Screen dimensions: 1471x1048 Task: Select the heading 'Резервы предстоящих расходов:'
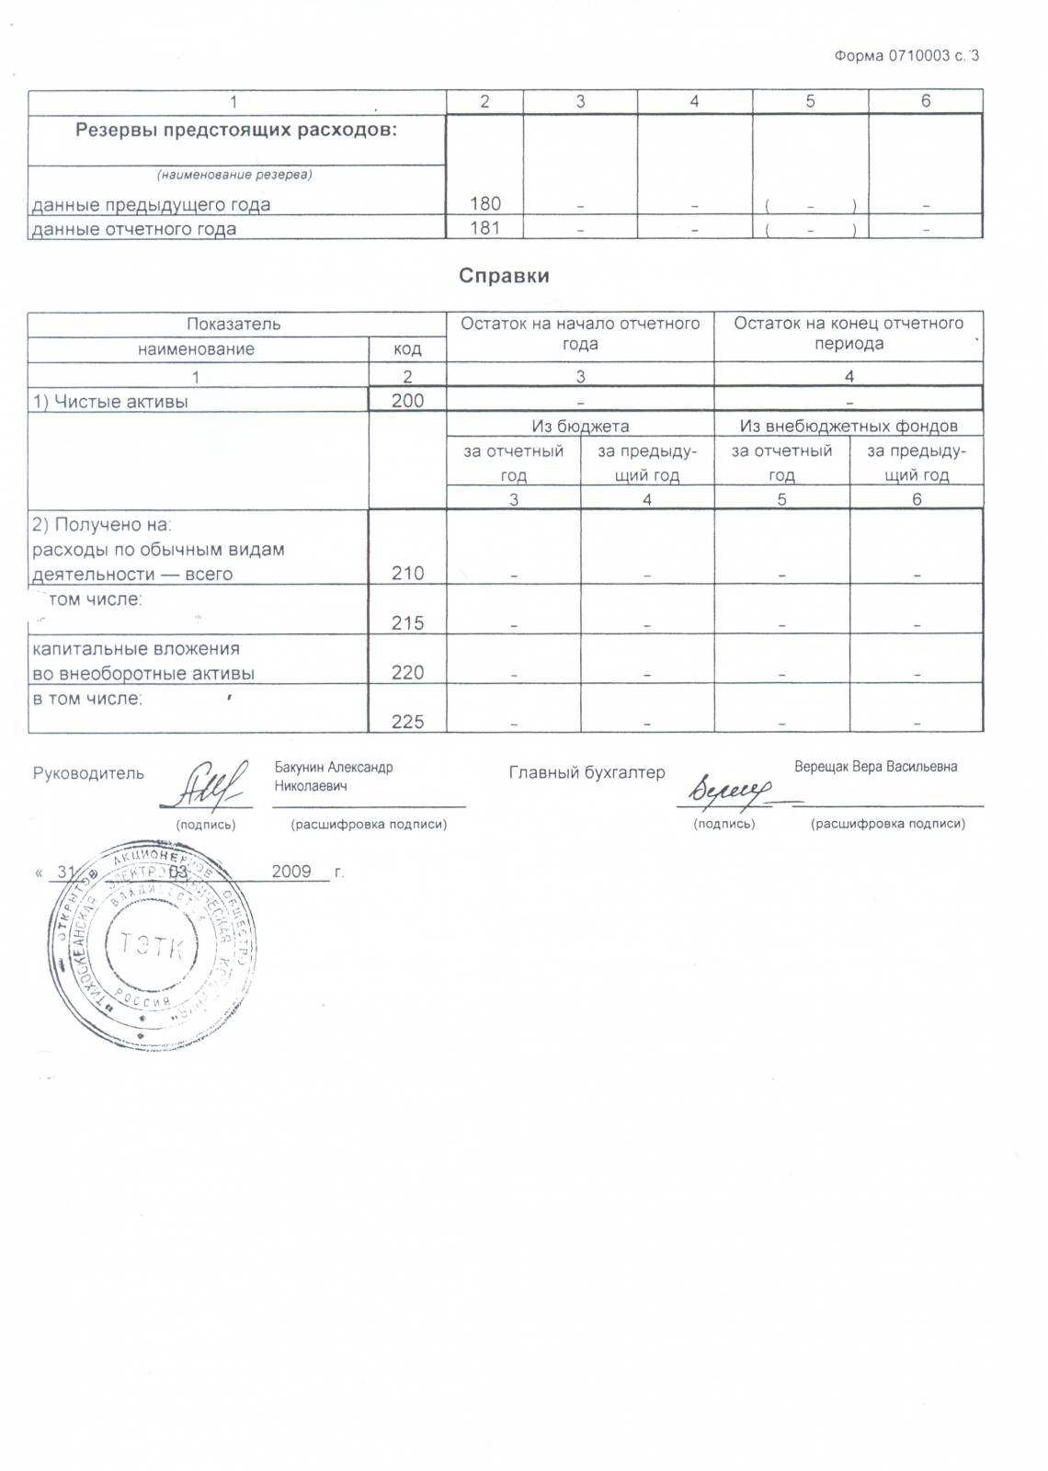(x=236, y=130)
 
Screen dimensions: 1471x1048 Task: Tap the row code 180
(x=484, y=203)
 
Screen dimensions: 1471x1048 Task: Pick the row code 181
(x=484, y=228)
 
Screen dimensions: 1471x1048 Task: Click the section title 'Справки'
(x=504, y=276)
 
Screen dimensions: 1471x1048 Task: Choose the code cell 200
(x=407, y=400)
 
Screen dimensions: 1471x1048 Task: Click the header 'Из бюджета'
(x=580, y=426)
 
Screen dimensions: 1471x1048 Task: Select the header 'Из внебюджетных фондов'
(x=849, y=426)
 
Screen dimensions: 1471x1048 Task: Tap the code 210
(x=407, y=574)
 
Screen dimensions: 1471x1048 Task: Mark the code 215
(x=407, y=623)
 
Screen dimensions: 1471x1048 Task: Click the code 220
(x=407, y=673)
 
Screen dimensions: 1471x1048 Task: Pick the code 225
(x=407, y=723)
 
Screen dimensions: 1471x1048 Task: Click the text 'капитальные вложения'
(x=136, y=648)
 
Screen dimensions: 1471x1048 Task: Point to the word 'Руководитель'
(x=88, y=773)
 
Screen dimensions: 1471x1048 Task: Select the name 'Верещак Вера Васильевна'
(x=875, y=767)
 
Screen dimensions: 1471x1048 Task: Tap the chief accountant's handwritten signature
(x=733, y=789)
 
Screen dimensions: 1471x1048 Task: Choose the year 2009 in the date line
(x=291, y=871)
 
